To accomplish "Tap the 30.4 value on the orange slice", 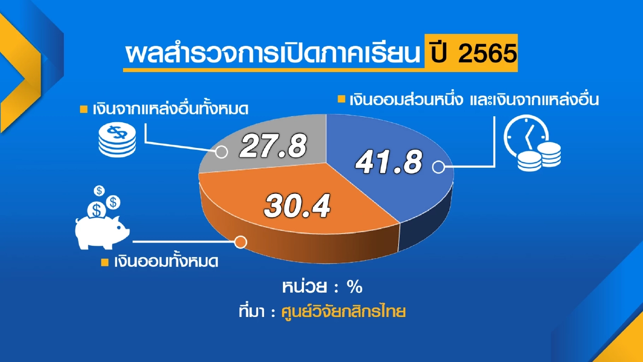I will pyautogui.click(x=297, y=206).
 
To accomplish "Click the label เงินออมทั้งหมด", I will pyautogui.click(x=166, y=262).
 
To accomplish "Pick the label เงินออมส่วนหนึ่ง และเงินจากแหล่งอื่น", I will pyautogui.click(x=473, y=100).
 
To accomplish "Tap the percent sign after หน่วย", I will pyautogui.click(x=355, y=288).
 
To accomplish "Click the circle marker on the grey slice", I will pyautogui.click(x=221, y=152).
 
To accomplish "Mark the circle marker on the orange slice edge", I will pyautogui.click(x=241, y=242).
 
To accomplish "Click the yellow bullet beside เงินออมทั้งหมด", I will pyautogui.click(x=104, y=263).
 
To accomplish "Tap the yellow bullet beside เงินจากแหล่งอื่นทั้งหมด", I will pyautogui.click(x=84, y=110).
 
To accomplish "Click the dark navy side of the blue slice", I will pyautogui.click(x=427, y=227).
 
